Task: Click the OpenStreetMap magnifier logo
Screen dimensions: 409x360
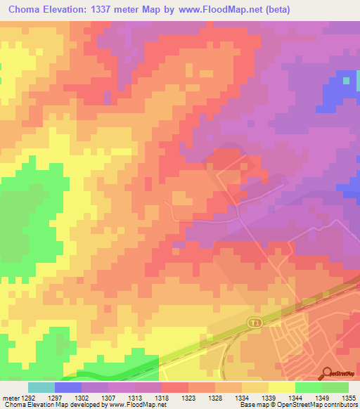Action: tap(328, 373)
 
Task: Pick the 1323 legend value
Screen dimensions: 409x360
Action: tap(188, 396)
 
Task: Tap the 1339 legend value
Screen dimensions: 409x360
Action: tap(269, 396)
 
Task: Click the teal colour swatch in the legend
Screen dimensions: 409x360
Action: tap(41, 387)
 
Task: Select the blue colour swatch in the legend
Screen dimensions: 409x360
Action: tap(68, 387)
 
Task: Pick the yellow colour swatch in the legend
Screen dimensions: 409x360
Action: tap(282, 387)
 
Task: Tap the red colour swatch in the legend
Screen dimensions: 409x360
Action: tap(175, 387)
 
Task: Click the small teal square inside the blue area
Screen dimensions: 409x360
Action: tap(346, 80)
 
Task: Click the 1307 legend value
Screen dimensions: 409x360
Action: tap(108, 396)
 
